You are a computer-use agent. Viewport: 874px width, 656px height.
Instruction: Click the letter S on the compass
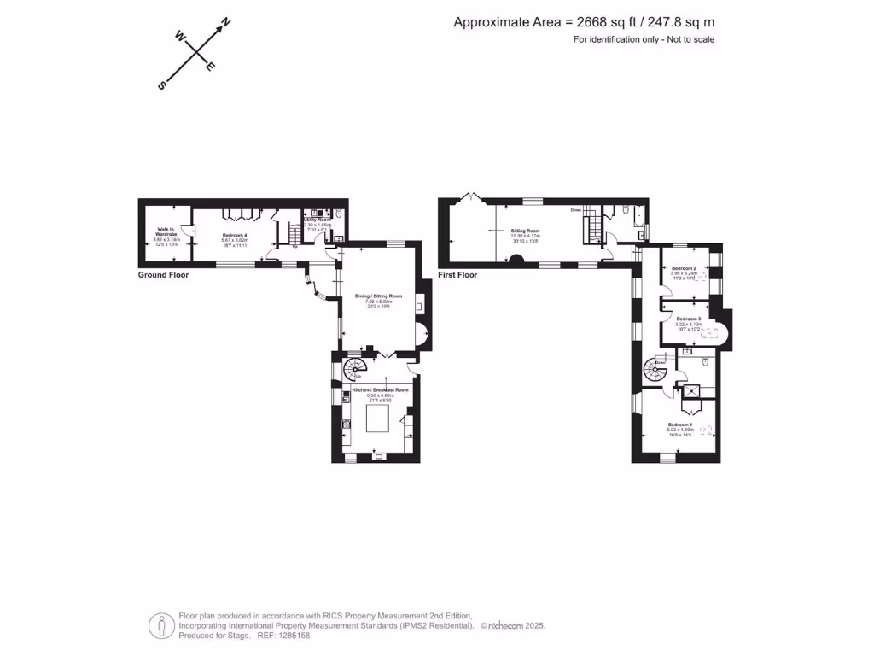point(162,85)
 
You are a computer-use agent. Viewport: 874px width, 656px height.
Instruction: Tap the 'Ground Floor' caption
point(163,275)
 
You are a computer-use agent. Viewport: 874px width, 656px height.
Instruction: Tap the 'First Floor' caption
point(457,275)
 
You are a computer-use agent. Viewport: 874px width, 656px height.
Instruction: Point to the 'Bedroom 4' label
point(235,235)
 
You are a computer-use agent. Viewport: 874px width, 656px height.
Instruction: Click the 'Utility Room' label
point(318,220)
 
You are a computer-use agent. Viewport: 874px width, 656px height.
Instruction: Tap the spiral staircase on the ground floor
point(354,369)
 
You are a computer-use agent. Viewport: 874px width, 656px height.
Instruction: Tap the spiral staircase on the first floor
point(655,371)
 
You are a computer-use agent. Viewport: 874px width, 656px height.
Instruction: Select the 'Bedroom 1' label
point(679,425)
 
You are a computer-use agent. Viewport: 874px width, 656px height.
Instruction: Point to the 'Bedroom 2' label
point(683,269)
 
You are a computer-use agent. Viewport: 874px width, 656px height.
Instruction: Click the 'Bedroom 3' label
point(688,319)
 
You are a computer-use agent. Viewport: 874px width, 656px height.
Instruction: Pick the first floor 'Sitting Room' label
point(526,231)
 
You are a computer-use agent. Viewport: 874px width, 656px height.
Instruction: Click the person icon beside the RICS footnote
point(160,625)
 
